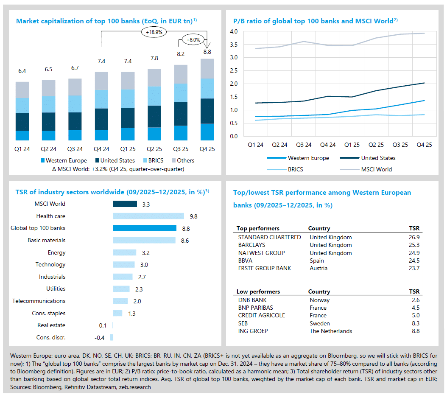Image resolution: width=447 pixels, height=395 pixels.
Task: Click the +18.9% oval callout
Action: [154, 31]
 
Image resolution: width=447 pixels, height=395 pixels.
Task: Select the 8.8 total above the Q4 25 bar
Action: [207, 52]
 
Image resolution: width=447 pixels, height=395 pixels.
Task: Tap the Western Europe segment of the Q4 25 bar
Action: [207, 132]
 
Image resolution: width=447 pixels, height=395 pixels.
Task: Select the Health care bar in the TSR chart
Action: [148, 216]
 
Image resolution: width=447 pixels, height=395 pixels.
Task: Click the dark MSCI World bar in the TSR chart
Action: [125, 204]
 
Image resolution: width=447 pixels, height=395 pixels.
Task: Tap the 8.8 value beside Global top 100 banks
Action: [186, 228]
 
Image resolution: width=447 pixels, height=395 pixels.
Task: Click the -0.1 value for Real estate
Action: [102, 325]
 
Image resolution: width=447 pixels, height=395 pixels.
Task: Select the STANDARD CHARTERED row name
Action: [269, 237]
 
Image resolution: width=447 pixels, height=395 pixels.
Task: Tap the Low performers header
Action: [258, 291]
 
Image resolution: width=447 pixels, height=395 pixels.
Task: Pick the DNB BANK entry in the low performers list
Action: [253, 300]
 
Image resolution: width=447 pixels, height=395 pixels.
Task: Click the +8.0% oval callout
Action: [193, 40]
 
